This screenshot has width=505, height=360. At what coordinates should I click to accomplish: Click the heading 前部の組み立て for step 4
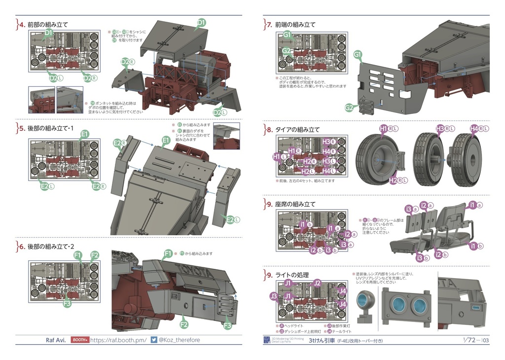[x=47, y=24]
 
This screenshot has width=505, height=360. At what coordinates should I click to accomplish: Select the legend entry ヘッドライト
[x=294, y=326]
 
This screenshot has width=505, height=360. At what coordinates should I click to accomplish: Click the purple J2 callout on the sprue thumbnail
[x=318, y=283]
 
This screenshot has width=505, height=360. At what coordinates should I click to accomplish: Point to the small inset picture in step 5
[x=226, y=136]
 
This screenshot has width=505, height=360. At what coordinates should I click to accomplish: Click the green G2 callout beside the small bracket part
[x=349, y=108]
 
